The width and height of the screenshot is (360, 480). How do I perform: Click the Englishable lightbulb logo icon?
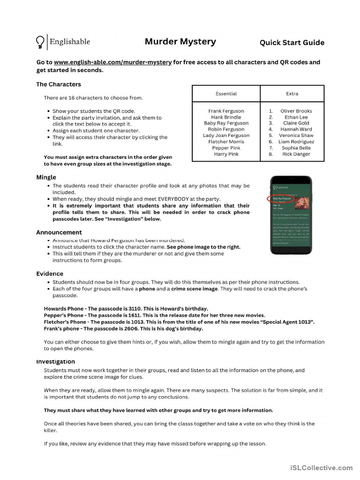(x=41, y=42)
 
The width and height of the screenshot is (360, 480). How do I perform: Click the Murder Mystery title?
(x=180, y=42)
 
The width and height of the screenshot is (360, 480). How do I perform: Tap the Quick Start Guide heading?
(x=292, y=43)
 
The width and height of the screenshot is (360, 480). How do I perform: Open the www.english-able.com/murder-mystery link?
(x=112, y=62)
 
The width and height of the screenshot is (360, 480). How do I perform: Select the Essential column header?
(x=226, y=94)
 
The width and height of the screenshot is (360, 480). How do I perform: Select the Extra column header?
(x=292, y=94)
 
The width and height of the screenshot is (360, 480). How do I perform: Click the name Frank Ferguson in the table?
(x=226, y=111)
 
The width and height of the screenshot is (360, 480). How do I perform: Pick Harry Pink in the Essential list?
(x=226, y=154)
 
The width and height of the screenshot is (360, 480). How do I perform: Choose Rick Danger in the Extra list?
(x=296, y=154)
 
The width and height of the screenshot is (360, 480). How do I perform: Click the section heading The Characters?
(x=59, y=84)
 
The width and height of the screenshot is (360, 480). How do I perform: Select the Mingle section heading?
(x=46, y=177)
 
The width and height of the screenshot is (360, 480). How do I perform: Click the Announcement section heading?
(x=59, y=232)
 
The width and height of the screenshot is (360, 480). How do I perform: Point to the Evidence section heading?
(x=50, y=274)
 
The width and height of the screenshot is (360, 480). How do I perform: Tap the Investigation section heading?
(x=55, y=361)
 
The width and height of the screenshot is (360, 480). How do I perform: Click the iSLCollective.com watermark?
(x=321, y=467)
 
